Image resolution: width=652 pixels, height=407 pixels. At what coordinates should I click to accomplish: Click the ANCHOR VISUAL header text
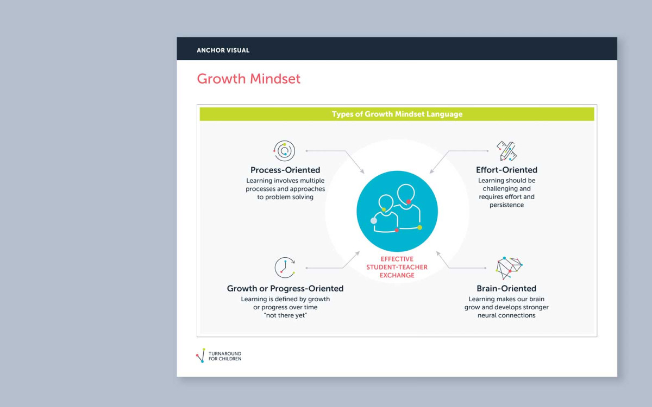coord(223,50)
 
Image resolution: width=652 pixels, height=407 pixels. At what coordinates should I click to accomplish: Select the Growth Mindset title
coord(249,79)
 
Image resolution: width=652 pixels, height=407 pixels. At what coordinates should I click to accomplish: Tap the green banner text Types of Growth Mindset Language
coord(397,114)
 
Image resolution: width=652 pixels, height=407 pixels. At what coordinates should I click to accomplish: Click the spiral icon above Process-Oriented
coord(284,151)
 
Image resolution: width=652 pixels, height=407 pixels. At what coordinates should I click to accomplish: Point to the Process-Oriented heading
coord(285,170)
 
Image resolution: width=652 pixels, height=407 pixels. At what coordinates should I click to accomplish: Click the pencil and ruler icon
coord(506,151)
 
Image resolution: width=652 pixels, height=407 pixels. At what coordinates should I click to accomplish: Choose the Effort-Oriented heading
coord(506,170)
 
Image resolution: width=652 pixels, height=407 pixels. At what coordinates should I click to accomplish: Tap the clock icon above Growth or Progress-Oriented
coord(285,268)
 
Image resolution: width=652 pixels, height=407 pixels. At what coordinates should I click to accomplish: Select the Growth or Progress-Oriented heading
coord(285,288)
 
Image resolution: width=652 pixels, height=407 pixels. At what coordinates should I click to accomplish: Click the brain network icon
coord(509,268)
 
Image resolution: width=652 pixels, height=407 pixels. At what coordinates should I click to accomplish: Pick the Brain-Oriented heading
coord(506,288)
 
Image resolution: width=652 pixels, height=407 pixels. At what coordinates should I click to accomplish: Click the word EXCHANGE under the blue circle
coord(397,275)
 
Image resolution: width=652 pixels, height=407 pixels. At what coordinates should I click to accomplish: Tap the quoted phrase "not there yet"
coord(285,315)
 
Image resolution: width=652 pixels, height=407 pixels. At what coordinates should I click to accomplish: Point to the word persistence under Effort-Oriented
coord(506,205)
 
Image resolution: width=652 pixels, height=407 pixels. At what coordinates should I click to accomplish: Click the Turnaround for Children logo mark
coord(201,355)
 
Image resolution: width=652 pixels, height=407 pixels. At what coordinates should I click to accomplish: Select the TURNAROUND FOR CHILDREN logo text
coord(225,356)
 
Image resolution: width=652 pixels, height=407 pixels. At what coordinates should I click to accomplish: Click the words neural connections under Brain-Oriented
coord(506,315)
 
